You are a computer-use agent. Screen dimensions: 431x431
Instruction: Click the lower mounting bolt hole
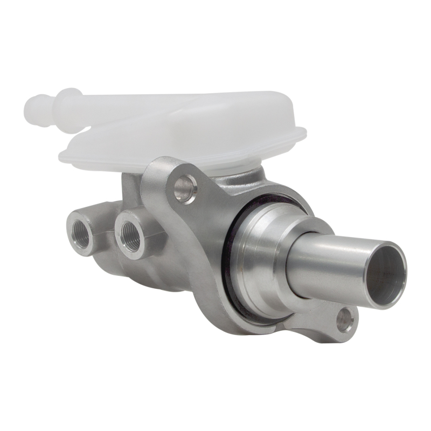click(345, 319)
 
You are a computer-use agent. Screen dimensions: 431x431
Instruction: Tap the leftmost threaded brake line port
click(81, 230)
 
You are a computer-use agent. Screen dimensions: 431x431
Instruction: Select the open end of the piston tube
click(386, 275)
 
